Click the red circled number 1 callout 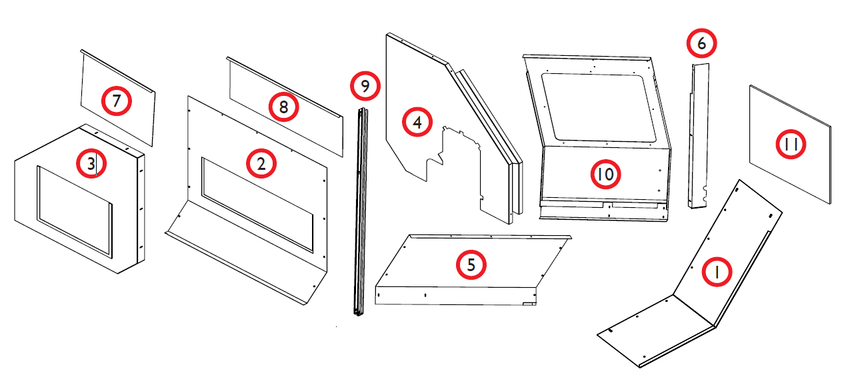click(x=715, y=272)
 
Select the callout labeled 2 click(x=261, y=164)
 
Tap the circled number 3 click(x=91, y=164)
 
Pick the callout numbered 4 click(x=417, y=123)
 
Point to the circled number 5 click(x=471, y=264)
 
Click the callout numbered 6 click(x=701, y=44)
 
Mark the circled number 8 click(x=284, y=108)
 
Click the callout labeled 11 click(x=791, y=145)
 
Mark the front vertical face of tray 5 click(x=453, y=296)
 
